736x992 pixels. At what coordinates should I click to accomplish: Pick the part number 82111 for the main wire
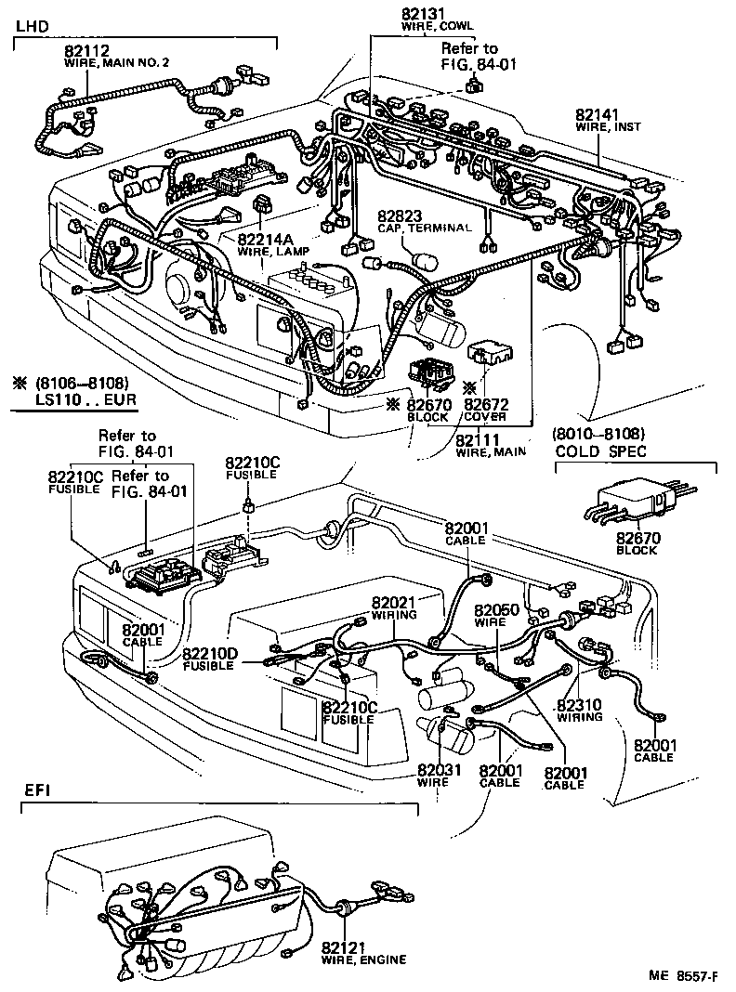[478, 439]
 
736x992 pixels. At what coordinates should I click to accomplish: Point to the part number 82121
[344, 947]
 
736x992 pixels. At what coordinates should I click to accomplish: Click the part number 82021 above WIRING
[394, 602]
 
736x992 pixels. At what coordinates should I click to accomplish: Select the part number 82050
[496, 610]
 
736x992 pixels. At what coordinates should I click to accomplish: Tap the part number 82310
[579, 704]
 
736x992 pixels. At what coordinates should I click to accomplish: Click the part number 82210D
[212, 654]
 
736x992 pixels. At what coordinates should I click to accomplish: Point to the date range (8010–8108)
[598, 434]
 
